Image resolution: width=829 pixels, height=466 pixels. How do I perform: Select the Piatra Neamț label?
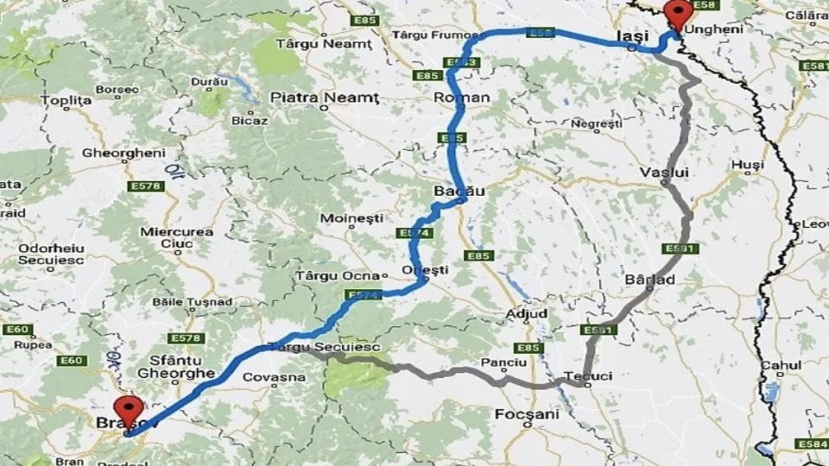coord(324,98)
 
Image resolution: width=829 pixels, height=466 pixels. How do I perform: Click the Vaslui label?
coord(664,173)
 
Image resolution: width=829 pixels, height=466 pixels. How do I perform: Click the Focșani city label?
coord(527,415)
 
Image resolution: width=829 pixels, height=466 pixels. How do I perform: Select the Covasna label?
coord(274,377)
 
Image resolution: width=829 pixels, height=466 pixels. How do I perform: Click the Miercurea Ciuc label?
coord(176,238)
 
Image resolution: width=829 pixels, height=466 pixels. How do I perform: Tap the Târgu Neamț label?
coord(324,43)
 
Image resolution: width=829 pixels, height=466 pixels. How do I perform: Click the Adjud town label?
coord(527,313)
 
